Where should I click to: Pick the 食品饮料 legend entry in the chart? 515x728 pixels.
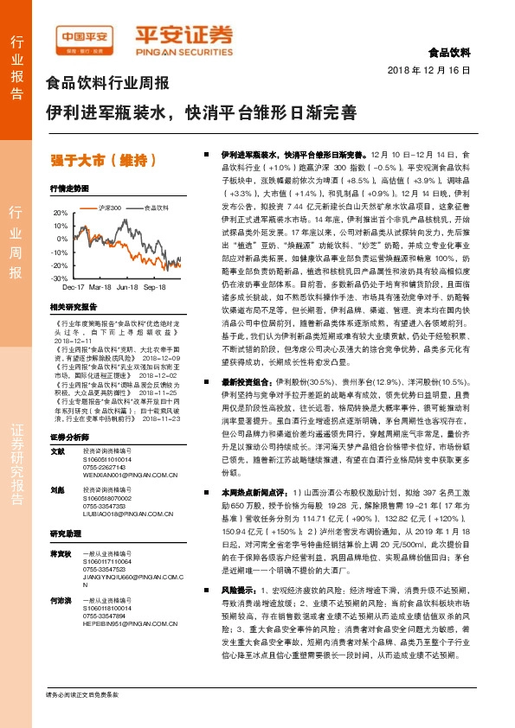point(155,208)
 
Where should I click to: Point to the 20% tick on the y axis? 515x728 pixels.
point(60,213)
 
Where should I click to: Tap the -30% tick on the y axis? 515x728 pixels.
point(59,279)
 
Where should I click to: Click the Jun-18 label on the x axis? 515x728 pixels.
point(128,286)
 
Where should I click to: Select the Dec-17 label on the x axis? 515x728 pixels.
point(74,286)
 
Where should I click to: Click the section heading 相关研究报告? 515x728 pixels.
point(69,307)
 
